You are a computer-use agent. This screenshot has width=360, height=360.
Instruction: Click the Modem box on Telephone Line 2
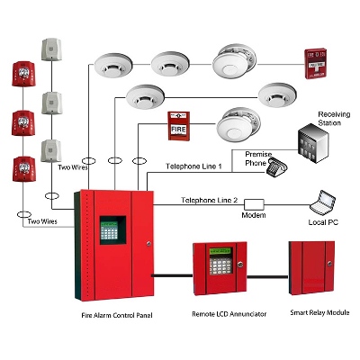[254, 204]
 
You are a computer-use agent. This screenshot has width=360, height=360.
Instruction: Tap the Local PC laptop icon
[322, 202]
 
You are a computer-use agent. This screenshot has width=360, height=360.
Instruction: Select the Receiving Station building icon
[313, 143]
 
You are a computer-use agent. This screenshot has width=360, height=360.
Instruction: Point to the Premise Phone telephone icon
[276, 168]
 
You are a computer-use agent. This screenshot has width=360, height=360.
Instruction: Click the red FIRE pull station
[178, 126]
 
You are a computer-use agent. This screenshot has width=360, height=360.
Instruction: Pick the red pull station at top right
[315, 63]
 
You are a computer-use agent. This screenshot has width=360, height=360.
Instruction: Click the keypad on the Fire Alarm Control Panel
[109, 230]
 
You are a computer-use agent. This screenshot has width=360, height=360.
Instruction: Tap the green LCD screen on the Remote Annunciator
[220, 251]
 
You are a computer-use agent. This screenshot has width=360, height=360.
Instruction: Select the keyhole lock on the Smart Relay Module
[330, 264]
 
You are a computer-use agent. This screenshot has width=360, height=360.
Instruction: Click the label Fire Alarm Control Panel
[117, 315]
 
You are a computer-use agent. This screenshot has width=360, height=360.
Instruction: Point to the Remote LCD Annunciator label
[229, 314]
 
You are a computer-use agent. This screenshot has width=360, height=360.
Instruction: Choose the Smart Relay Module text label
[319, 312]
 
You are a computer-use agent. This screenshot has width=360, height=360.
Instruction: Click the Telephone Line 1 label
[193, 166]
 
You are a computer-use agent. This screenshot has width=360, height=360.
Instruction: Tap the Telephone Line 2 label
[210, 200]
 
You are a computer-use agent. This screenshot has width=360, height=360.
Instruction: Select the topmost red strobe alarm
[23, 74]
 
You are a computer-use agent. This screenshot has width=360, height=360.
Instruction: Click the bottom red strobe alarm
[24, 169]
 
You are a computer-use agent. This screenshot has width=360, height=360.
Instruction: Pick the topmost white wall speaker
[51, 49]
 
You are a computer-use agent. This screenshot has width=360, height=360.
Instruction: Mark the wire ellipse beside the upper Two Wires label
[89, 161]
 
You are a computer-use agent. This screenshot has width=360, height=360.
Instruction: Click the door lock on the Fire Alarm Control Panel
[148, 244]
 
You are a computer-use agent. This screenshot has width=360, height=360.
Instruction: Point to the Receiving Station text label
[334, 119]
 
